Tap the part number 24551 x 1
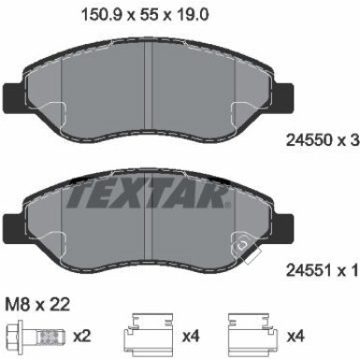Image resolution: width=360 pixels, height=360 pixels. coord(319,272)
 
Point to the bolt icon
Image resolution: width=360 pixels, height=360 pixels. coord(27,333)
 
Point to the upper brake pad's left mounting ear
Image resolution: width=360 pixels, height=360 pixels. coord(16,97)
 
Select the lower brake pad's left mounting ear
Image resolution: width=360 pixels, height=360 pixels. coord(16,227)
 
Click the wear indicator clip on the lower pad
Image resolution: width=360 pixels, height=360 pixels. coord(246,249)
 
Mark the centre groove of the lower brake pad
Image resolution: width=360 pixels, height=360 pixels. coord(151,220)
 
